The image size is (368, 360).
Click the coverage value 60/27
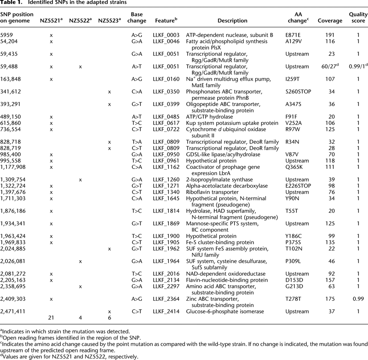click(x=330, y=67)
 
